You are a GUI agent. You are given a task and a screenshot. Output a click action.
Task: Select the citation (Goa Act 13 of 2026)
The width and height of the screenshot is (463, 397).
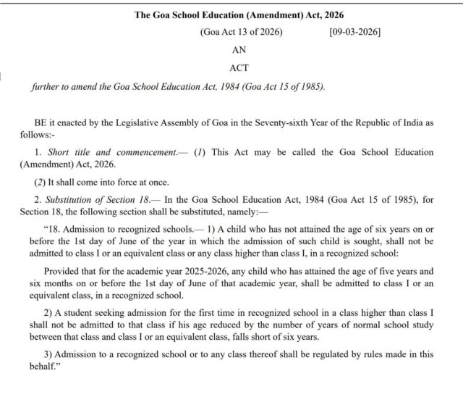pyautogui.click(x=241, y=33)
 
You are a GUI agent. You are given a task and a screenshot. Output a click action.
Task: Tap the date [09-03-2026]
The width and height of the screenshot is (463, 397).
pyautogui.click(x=354, y=33)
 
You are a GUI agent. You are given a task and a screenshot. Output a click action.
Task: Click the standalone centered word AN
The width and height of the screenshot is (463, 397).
pyautogui.click(x=239, y=51)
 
